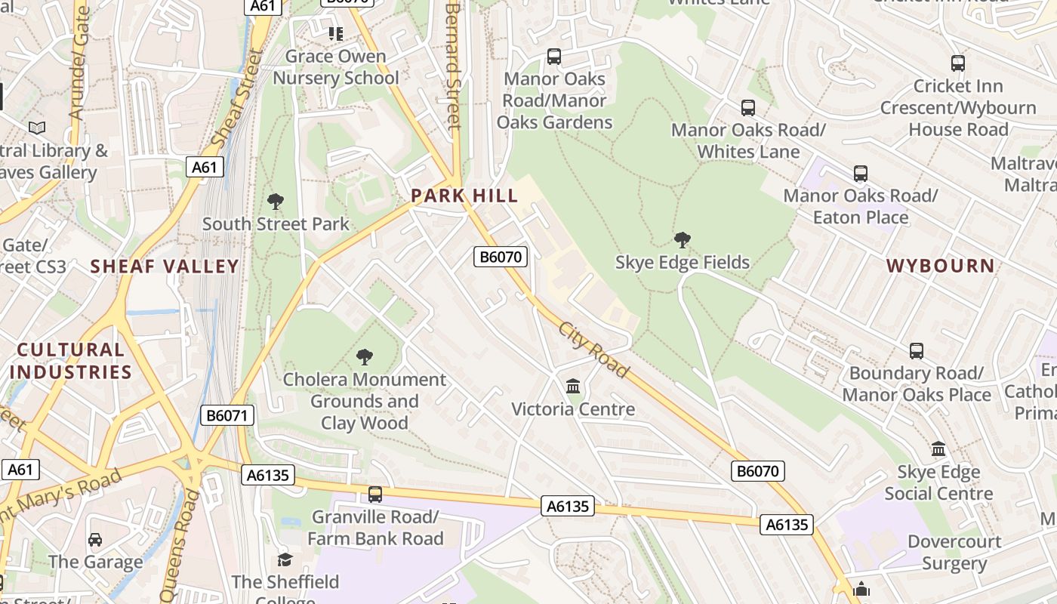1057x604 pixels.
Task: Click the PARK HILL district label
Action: [464, 196]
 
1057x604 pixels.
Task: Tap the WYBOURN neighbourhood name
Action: [940, 266]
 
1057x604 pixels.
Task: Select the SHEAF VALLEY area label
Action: [165, 267]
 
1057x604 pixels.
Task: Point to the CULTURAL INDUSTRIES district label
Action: [71, 361]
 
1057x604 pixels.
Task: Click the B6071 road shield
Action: [227, 414]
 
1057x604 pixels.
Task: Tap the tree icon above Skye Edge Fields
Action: [683, 241]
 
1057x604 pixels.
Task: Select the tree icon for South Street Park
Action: [276, 202]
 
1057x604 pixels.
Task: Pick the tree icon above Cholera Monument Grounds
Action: [365, 356]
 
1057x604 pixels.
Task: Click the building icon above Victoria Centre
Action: [573, 387]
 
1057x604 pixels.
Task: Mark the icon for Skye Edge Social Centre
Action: [938, 449]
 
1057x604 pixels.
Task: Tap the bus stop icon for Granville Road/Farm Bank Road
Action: [375, 495]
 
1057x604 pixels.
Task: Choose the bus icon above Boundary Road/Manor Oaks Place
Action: [916, 351]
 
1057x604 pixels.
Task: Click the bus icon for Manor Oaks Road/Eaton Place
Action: [861, 174]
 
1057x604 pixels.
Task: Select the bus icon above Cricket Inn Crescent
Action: [958, 63]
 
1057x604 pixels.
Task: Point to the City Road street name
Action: [593, 350]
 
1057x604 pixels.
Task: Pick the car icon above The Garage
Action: [95, 540]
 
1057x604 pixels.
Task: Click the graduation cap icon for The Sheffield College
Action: [285, 559]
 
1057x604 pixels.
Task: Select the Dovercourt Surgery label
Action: [954, 553]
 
